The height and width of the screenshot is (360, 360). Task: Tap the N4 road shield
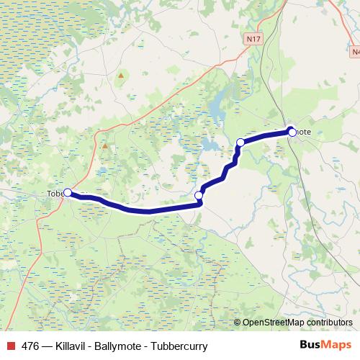[x=356, y=52]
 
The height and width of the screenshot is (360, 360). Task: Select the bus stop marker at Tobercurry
[x=68, y=192]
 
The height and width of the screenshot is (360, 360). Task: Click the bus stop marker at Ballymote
[x=292, y=131]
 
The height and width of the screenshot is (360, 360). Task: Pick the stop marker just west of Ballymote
[x=240, y=143]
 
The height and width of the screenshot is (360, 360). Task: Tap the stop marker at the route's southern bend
[x=199, y=195]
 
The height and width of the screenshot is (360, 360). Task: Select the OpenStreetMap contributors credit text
[x=297, y=323]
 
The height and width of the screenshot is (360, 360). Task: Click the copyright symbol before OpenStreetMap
[x=238, y=323]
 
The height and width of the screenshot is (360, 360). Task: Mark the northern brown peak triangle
[x=122, y=74]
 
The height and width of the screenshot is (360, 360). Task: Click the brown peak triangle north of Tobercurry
[x=104, y=145]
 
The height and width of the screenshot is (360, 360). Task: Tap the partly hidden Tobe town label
[x=55, y=193]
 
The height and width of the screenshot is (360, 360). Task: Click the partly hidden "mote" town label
[x=305, y=132]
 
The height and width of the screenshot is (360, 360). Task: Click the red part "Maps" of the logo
[x=338, y=346]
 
